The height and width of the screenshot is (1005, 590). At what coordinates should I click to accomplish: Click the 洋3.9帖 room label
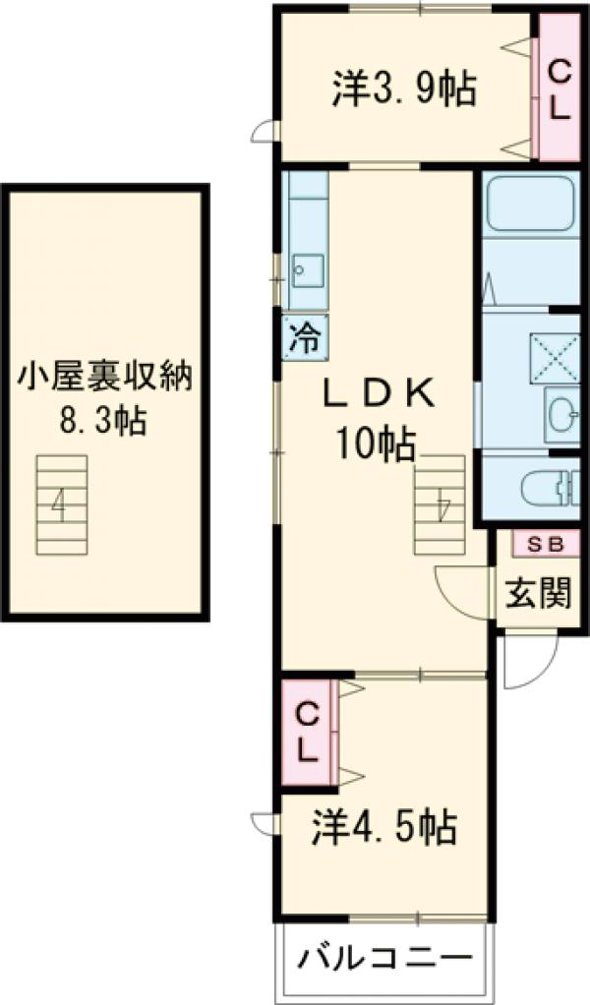(404, 89)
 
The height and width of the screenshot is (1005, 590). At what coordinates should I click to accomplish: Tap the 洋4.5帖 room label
(384, 829)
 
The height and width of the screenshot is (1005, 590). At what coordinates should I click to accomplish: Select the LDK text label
(379, 394)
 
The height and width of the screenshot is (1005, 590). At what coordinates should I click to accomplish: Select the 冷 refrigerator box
(306, 339)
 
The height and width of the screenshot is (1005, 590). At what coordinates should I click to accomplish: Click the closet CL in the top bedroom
(559, 89)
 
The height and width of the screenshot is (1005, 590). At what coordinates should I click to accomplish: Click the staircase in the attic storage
(61, 505)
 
